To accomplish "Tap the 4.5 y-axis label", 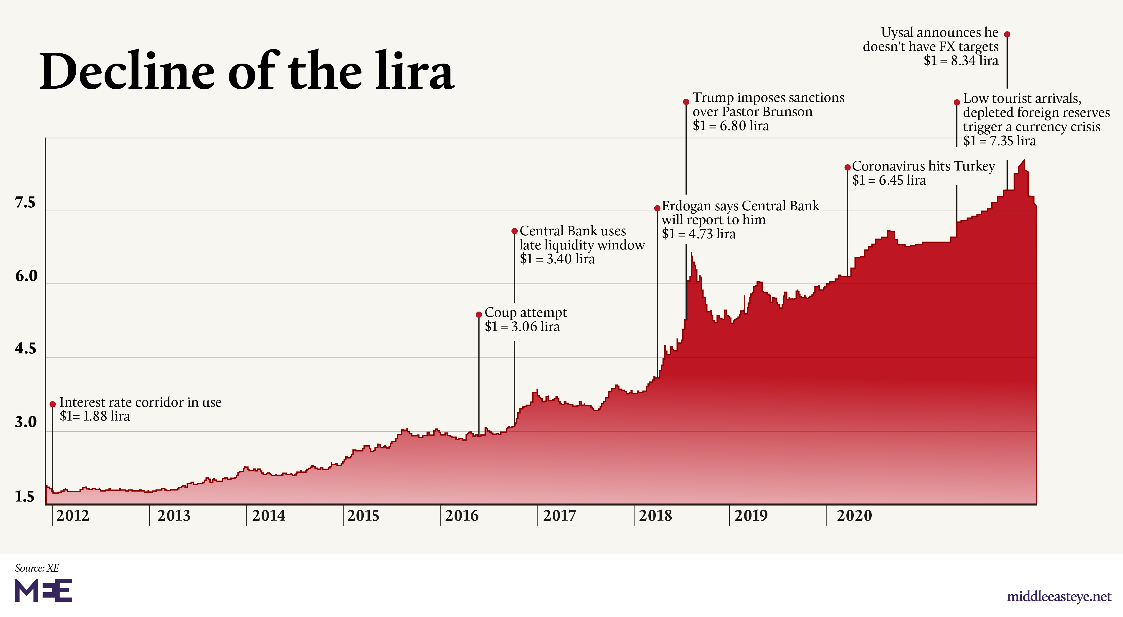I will [25, 349].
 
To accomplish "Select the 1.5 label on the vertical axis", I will [24, 496].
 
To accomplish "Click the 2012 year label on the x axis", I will [72, 516].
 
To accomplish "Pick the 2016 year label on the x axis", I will [461, 516].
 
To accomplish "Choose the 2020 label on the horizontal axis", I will [854, 516].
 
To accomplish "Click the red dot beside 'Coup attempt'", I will [479, 315].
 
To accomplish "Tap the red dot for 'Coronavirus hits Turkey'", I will [848, 167].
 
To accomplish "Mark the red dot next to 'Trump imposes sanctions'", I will [686, 102].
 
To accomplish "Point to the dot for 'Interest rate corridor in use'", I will [53, 404].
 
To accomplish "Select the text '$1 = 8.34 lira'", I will [961, 61].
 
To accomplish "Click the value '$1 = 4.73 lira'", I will [698, 234].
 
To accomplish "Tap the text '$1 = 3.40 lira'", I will [557, 259].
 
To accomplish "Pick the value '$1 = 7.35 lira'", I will [999, 141].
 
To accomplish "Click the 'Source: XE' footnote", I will [37, 568].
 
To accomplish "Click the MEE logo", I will [43, 590].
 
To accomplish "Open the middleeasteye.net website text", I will [1058, 596].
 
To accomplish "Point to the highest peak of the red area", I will [1024, 160].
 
